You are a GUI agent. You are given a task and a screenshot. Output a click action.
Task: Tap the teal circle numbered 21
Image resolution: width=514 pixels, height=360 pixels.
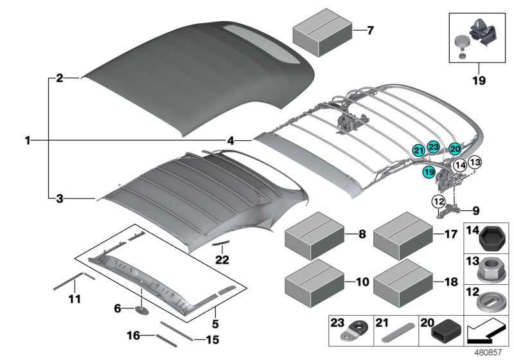point(419,150)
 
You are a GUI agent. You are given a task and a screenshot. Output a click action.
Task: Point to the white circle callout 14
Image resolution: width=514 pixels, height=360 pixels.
point(459,165)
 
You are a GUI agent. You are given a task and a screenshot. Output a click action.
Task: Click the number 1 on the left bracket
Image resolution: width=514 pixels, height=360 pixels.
point(28,139)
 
